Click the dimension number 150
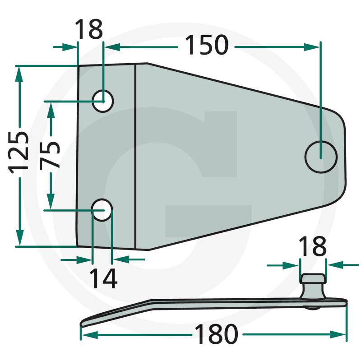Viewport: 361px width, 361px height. [x=207, y=45]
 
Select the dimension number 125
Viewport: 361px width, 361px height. [x=19, y=152]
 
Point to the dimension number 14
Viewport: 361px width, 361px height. [x=103, y=278]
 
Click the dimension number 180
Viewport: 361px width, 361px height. [x=216, y=334]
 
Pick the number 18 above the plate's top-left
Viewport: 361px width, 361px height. [x=89, y=29]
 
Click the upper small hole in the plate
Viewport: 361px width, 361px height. [x=103, y=101]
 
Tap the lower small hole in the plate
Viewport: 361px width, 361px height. [x=102, y=210]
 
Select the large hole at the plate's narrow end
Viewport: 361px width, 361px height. [x=321, y=157]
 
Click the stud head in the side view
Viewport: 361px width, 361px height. [x=313, y=278]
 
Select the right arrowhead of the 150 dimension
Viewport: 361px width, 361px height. [x=312, y=47]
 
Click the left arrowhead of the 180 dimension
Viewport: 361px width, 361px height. [x=90, y=335]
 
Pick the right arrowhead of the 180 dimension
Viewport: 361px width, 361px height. [x=338, y=334]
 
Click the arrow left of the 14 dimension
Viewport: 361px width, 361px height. [x=76, y=260]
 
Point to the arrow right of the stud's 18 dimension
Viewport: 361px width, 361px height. [x=343, y=265]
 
